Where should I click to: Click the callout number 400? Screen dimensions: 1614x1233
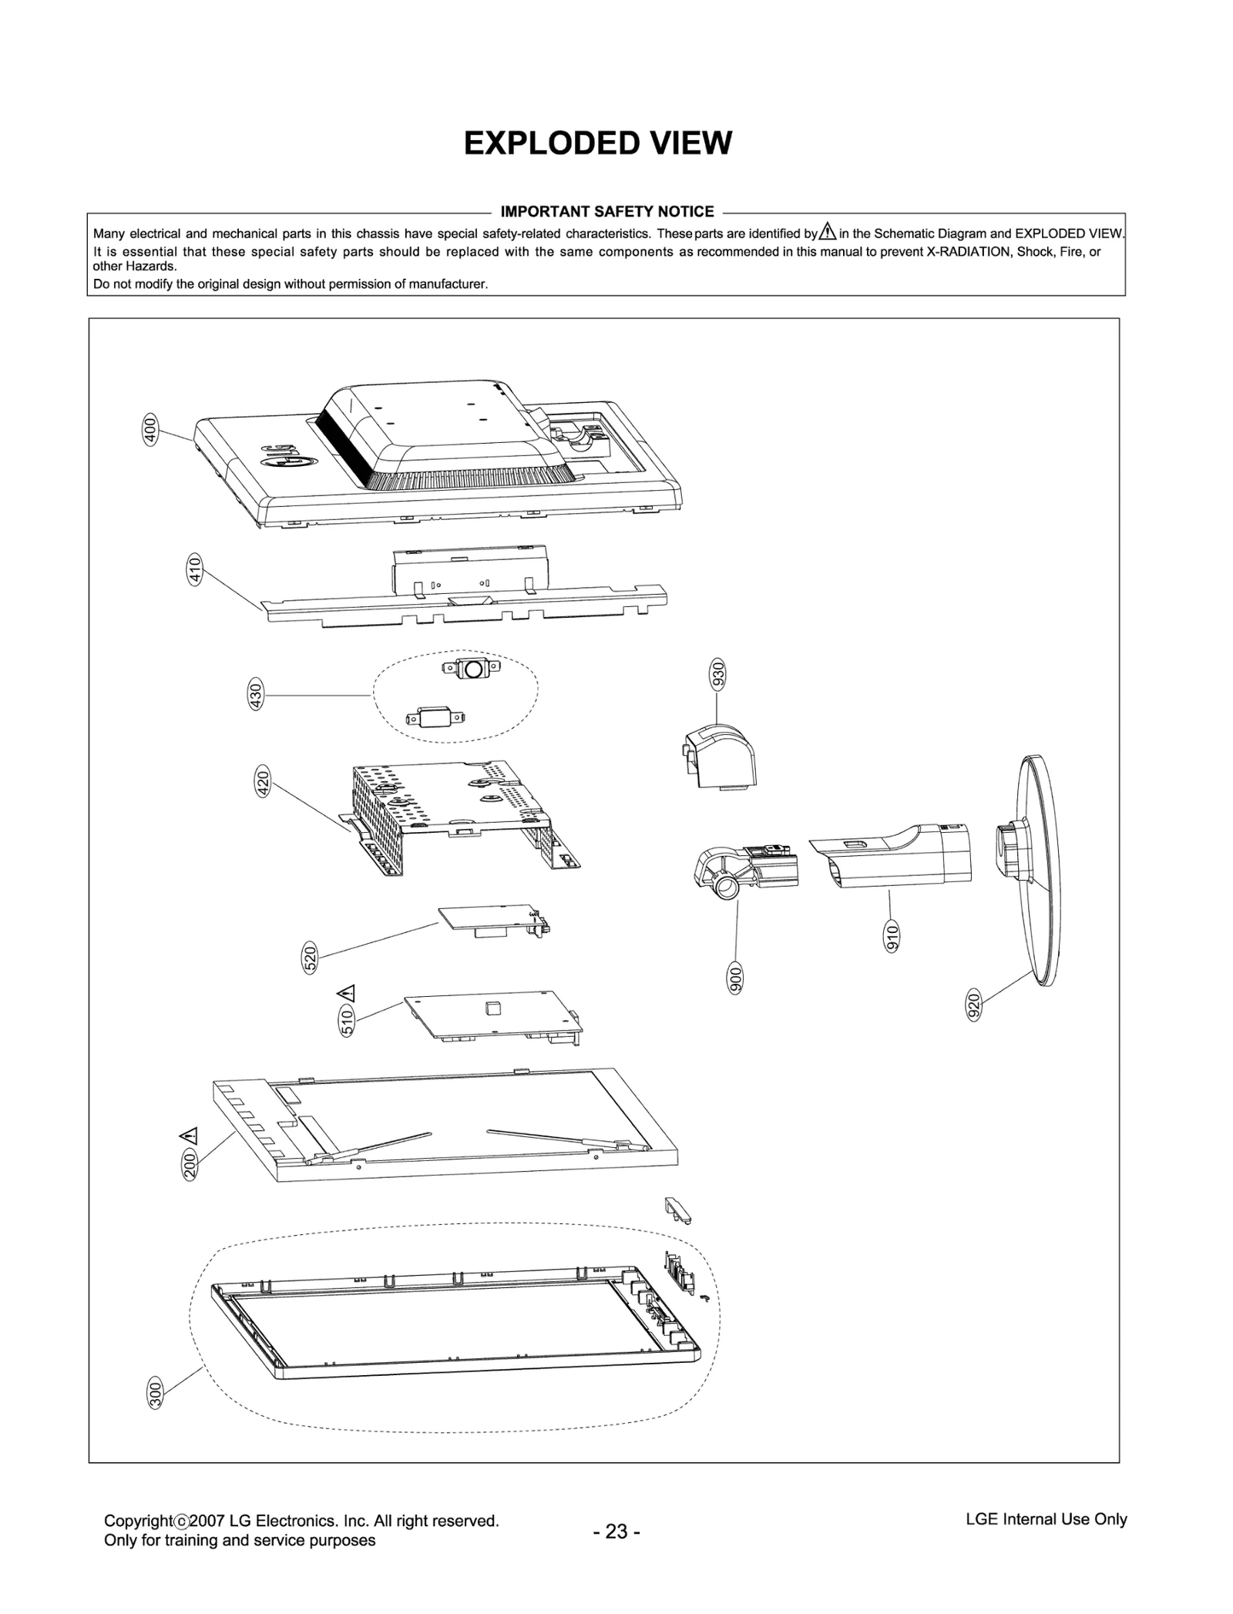151,428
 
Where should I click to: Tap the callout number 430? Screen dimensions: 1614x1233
257,694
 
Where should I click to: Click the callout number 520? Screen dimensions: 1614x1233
310,958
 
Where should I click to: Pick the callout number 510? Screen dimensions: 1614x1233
347,1021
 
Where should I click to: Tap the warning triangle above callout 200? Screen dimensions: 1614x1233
188,1135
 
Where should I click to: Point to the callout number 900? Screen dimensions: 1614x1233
736,978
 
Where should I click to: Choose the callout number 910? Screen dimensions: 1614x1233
892,935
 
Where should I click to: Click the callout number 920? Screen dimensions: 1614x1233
974,1006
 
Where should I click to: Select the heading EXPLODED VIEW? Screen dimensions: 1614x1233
597,143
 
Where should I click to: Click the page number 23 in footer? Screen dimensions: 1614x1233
616,1532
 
